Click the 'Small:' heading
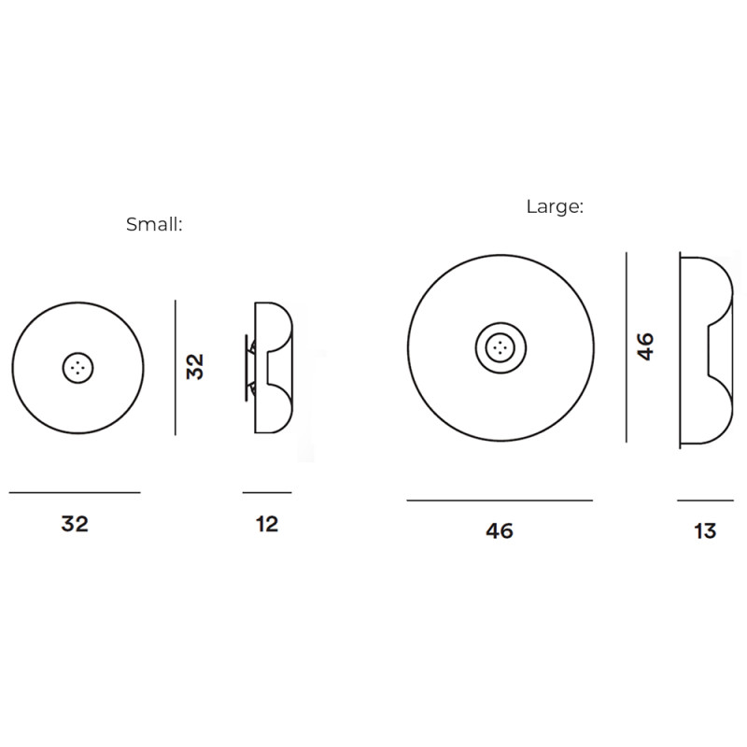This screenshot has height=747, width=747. [154, 225]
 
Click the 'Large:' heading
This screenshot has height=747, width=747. [555, 207]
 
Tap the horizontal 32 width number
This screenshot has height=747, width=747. [75, 524]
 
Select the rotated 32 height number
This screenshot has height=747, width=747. [195, 365]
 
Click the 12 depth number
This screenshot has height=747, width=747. [267, 524]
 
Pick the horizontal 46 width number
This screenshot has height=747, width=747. [500, 531]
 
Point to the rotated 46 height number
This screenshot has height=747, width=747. [645, 345]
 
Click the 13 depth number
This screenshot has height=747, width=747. [705, 531]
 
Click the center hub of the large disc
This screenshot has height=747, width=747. [500, 348]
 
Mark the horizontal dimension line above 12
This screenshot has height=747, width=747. [267, 492]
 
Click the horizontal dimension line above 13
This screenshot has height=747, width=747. [705, 500]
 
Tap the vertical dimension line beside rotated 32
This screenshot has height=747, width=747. [175, 367]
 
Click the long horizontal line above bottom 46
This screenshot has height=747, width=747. [500, 500]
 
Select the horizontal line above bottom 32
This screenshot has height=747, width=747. [75, 492]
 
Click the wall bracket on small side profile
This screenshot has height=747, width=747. [249, 367]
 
